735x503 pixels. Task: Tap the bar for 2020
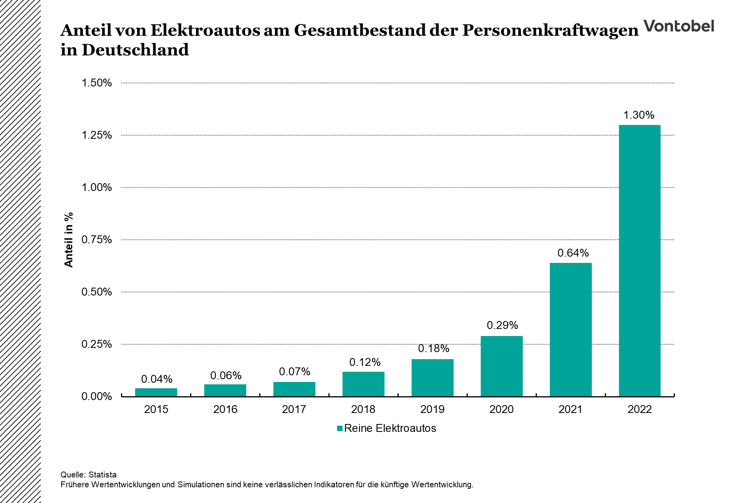(x=502, y=366)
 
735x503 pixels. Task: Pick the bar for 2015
(x=156, y=392)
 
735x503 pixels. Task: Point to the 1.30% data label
(x=639, y=115)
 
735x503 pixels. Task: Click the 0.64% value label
(x=573, y=253)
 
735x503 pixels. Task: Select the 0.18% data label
(x=433, y=349)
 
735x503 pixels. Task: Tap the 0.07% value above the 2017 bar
(x=295, y=372)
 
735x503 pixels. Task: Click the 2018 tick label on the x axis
(x=363, y=409)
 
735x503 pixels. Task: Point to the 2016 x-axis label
(x=225, y=409)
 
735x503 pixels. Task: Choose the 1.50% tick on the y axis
(x=97, y=83)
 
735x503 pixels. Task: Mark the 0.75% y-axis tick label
(x=97, y=240)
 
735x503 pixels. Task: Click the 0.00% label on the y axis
(x=97, y=397)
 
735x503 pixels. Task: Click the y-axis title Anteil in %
(x=69, y=240)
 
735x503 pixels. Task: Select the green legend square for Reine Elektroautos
(x=340, y=428)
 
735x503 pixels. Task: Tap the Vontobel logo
(x=678, y=26)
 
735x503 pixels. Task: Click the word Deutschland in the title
(x=135, y=50)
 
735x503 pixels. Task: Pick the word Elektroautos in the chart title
(x=205, y=30)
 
